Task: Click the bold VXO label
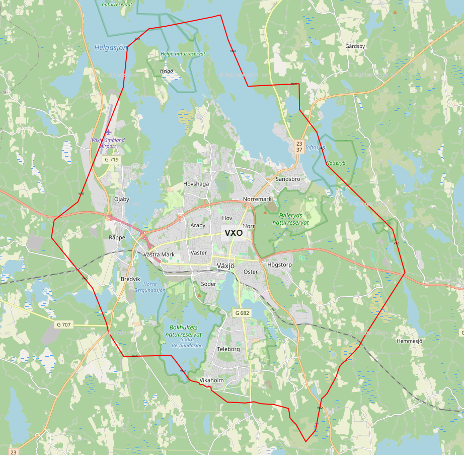click(234, 233)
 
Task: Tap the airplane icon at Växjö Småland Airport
click(108, 132)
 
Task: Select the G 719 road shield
click(112, 160)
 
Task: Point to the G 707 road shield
click(63, 324)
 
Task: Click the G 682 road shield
click(242, 313)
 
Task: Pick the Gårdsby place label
click(355, 46)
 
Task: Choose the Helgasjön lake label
click(111, 48)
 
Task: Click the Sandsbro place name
click(288, 179)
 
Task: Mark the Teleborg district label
click(228, 349)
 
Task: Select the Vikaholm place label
click(211, 380)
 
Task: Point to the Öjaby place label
click(121, 199)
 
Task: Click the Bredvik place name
click(130, 279)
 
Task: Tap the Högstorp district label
click(279, 265)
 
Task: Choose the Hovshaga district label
click(196, 184)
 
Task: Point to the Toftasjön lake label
click(315, 148)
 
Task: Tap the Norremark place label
click(257, 199)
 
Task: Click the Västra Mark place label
click(159, 254)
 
